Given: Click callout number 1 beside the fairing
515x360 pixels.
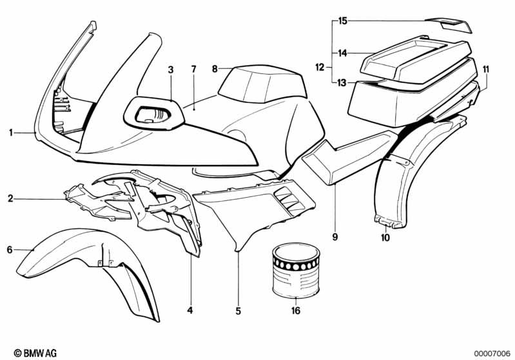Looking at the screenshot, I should (12, 133).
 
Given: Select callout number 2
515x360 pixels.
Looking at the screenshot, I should (11, 199).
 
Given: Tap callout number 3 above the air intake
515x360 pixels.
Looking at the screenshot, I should (170, 69).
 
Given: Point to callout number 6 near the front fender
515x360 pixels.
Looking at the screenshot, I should (10, 249).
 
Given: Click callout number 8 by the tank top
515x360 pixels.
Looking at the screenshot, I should (215, 68).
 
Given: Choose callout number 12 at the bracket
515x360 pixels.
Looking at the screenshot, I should (319, 67).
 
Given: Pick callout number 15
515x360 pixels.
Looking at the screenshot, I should (343, 21).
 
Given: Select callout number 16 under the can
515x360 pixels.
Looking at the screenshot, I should (296, 310).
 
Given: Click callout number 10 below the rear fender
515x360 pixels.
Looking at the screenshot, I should (385, 238).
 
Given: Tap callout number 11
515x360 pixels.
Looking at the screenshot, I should (485, 69).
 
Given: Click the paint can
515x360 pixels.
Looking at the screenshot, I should (296, 271).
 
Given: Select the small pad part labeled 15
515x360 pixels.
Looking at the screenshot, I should (454, 26).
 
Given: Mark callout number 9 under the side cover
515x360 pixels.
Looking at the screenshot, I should (335, 238).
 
